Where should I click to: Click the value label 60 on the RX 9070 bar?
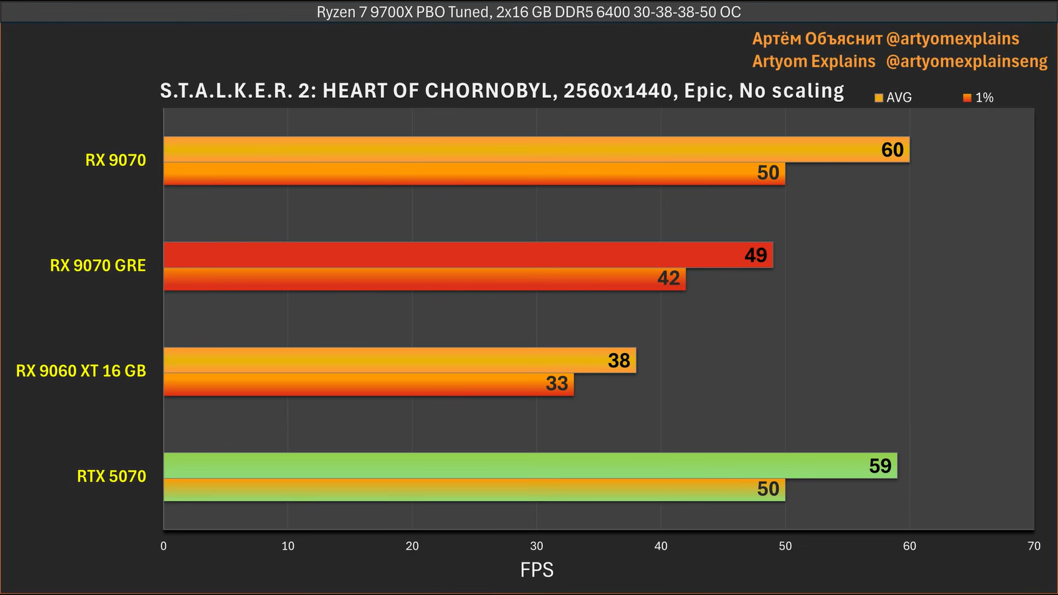[x=892, y=150]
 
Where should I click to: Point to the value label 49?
[x=756, y=255]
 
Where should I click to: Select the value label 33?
[x=557, y=383]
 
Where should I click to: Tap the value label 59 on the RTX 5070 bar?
[x=880, y=466]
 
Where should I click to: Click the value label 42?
[x=669, y=278]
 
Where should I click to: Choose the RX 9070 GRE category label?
[x=98, y=266]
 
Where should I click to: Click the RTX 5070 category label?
[x=111, y=476]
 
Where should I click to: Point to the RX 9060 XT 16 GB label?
[x=81, y=371]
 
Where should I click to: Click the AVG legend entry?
[x=893, y=98]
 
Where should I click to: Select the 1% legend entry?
[x=979, y=98]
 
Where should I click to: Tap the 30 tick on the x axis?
[x=536, y=546]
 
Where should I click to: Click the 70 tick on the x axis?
[x=1034, y=546]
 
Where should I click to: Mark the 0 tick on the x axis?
[x=163, y=546]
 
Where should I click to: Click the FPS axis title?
[x=536, y=570]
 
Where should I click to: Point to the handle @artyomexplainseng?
[x=966, y=61]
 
